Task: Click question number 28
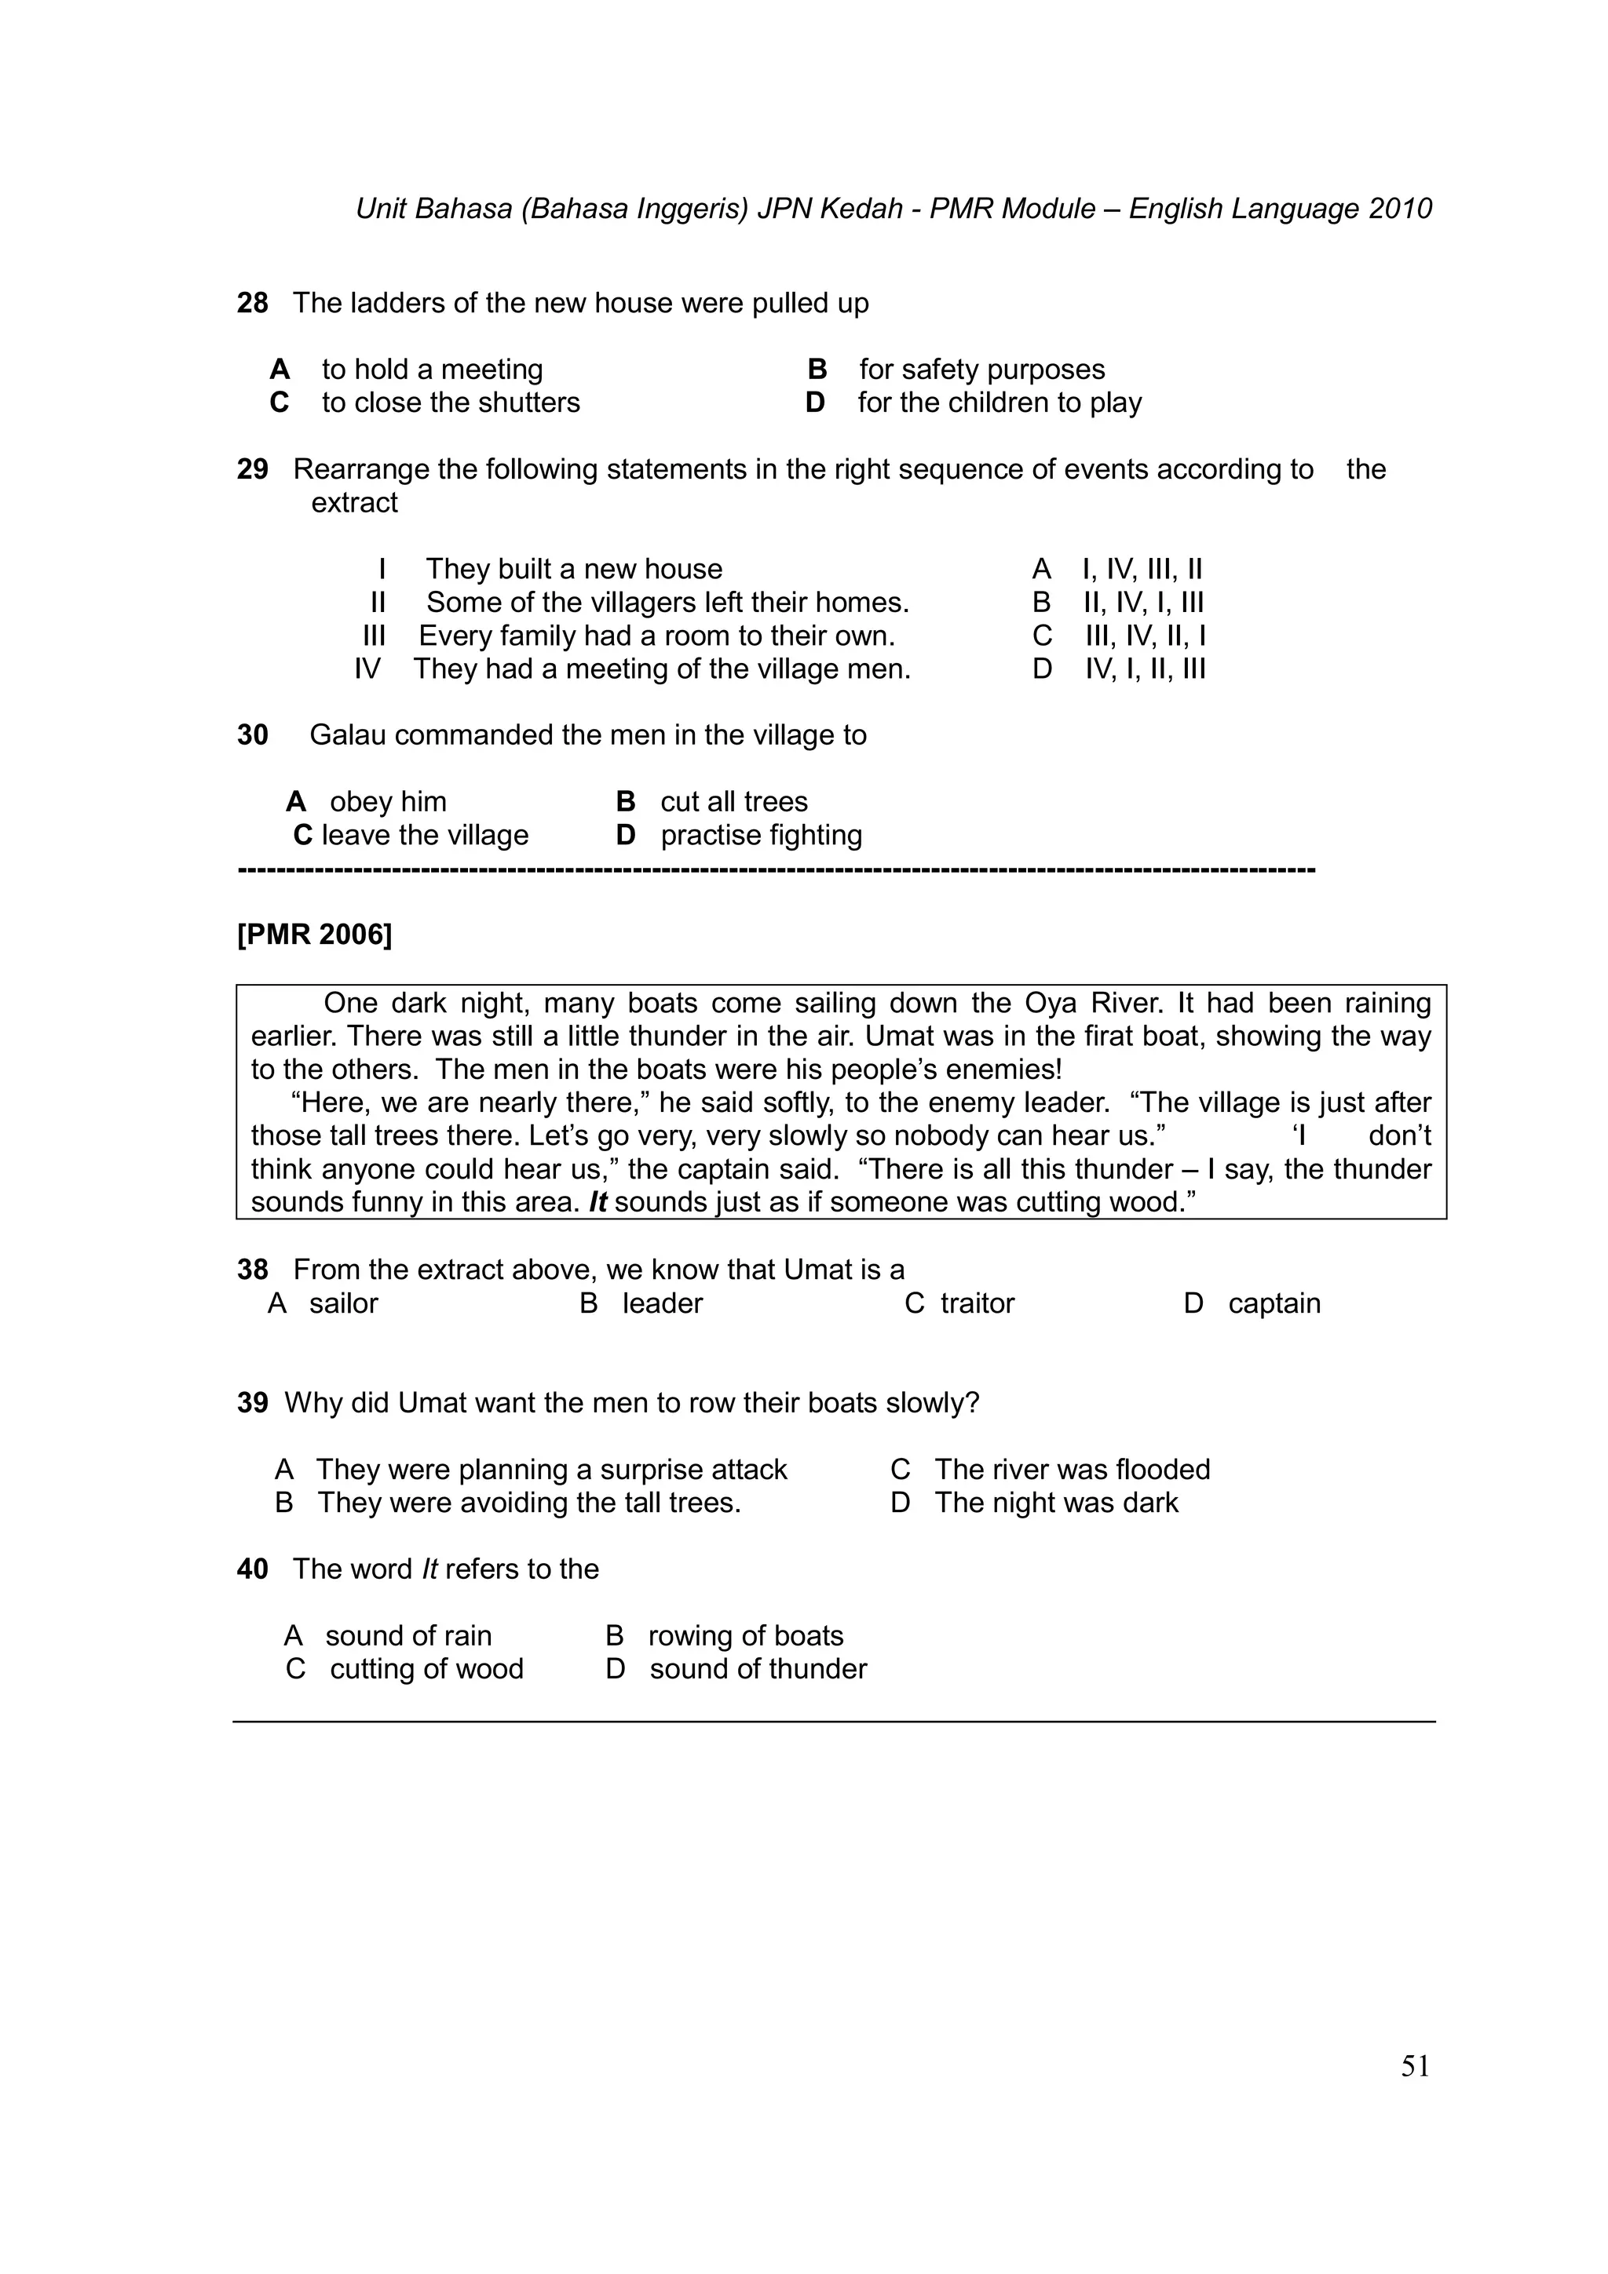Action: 252,303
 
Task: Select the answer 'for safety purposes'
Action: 981,370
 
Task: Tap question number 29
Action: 252,469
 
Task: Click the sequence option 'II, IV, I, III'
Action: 1142,603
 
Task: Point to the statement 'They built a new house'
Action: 574,570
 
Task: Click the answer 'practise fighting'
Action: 761,836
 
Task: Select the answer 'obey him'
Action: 387,802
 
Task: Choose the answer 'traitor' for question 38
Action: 977,1303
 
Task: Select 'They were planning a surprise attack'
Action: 551,1470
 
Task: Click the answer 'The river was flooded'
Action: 1072,1470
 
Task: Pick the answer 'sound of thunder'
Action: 758,1669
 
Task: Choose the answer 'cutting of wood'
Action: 426,1669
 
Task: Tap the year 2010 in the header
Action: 1400,209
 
